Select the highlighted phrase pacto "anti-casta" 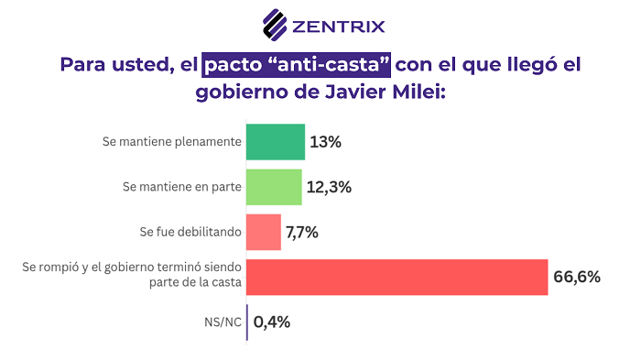click(x=298, y=65)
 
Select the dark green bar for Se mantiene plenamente click(x=275, y=142)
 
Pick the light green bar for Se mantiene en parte click(x=274, y=187)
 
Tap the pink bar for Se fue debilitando click(x=264, y=232)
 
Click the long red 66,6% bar click(x=397, y=277)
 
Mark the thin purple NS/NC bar click(x=247, y=322)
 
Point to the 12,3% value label click(x=330, y=187)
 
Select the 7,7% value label click(x=302, y=232)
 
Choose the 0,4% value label click(x=271, y=322)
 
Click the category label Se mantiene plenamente click(x=172, y=142)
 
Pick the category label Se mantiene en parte click(x=181, y=187)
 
